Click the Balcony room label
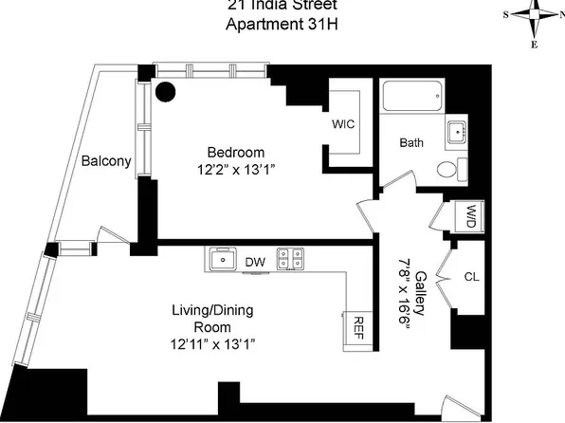click(x=105, y=160)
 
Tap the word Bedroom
click(x=237, y=152)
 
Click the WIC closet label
click(x=343, y=124)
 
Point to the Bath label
click(x=410, y=143)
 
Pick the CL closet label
click(x=471, y=277)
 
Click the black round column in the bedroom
click(x=166, y=92)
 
